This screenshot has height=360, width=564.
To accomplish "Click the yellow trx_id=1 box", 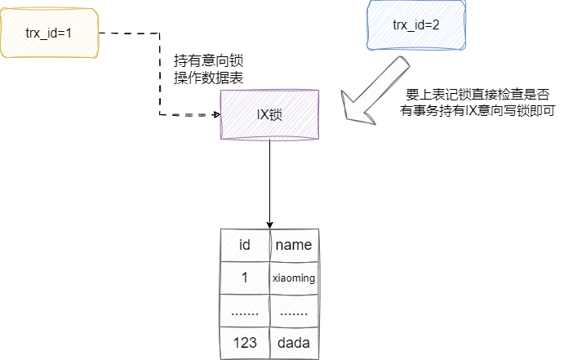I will click(x=50, y=34).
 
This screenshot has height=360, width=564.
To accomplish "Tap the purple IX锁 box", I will click(x=269, y=114).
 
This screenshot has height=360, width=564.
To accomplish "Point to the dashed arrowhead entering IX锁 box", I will click(x=215, y=114).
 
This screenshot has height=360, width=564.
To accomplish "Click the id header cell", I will click(x=244, y=245).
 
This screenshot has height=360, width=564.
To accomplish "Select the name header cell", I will click(x=294, y=245).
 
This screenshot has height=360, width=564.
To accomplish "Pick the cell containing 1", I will click(x=244, y=278).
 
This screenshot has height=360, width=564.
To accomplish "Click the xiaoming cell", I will click(x=294, y=278).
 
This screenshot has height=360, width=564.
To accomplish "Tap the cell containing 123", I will click(x=244, y=343).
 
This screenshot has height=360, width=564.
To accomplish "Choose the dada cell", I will click(x=294, y=343).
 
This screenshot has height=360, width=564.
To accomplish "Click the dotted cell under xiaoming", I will click(x=294, y=310).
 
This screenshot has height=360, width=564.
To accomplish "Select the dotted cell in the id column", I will click(x=244, y=310).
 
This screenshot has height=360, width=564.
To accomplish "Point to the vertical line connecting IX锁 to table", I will click(x=269, y=180).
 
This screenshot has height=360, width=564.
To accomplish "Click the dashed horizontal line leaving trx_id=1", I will click(x=131, y=34).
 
